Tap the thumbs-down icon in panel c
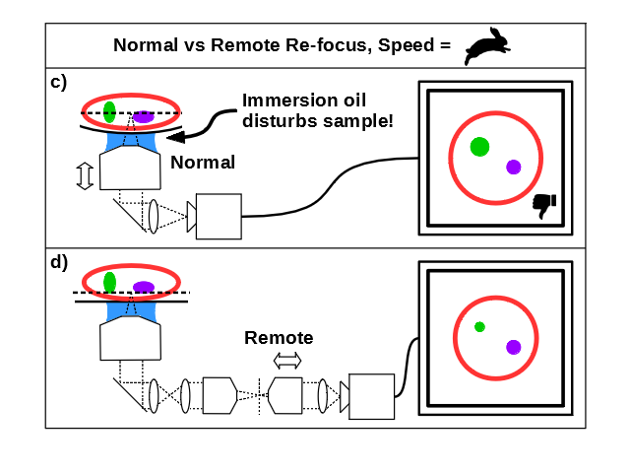click(544, 206)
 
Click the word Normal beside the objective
click(203, 163)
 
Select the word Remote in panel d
click(279, 338)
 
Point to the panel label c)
click(59, 83)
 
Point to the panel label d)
click(59, 263)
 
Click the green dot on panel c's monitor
click(479, 147)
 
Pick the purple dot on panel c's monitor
click(514, 167)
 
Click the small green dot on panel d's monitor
click(479, 327)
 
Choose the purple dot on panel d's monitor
click(514, 347)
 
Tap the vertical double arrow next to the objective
click(85, 175)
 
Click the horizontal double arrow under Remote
click(287, 361)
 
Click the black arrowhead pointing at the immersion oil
click(176, 137)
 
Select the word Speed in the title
click(407, 45)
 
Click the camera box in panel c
click(219, 217)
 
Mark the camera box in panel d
click(372, 396)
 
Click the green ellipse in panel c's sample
click(109, 112)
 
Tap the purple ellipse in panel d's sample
click(144, 287)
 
